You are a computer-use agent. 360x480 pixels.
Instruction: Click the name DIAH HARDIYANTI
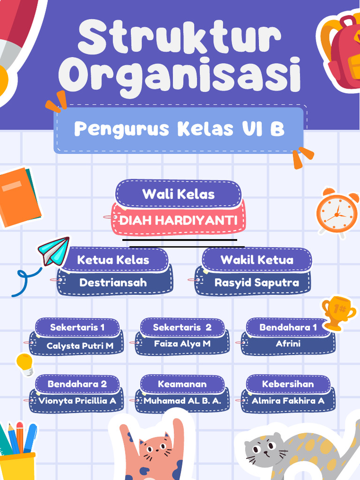click(178, 220)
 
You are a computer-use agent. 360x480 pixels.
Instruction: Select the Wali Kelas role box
click(179, 194)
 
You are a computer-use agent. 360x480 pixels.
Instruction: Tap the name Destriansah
click(113, 283)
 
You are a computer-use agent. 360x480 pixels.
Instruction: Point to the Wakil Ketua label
click(257, 260)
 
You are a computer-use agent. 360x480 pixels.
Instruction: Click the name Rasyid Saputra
click(256, 283)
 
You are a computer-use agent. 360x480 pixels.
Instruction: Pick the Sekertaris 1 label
click(77, 327)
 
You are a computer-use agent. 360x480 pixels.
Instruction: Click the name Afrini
click(288, 344)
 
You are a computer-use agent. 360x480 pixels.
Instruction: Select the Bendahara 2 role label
click(77, 384)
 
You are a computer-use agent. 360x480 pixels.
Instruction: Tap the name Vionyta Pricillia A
click(77, 401)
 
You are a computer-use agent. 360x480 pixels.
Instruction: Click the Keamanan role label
click(182, 384)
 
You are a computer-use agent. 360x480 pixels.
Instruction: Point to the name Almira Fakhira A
click(288, 401)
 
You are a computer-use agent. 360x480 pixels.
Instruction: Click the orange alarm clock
click(337, 213)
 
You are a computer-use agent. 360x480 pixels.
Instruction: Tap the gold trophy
click(337, 312)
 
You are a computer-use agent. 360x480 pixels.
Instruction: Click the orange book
click(19, 197)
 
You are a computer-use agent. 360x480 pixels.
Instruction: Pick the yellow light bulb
click(25, 363)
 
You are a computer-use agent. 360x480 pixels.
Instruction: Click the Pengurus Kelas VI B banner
click(179, 129)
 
